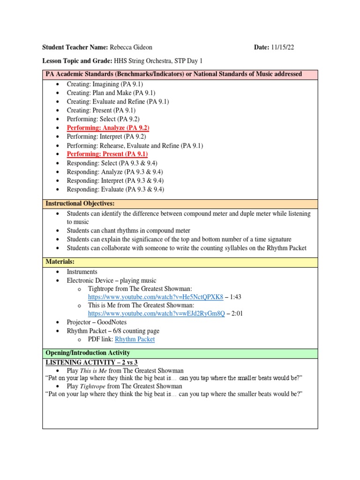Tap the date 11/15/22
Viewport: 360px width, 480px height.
[x=283, y=47]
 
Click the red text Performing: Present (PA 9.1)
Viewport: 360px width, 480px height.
[x=107, y=154]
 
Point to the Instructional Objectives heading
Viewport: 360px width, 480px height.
[x=80, y=203]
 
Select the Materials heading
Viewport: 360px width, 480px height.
[x=60, y=262]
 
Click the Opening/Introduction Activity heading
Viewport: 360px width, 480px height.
[x=88, y=353]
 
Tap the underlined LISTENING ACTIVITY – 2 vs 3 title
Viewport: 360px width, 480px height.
[x=91, y=362]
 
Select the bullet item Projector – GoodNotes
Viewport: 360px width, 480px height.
[x=97, y=322]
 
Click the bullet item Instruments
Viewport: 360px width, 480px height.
[x=82, y=272]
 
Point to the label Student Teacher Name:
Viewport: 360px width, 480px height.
[x=75, y=47]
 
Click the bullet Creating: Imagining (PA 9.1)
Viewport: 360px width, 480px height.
[x=105, y=84]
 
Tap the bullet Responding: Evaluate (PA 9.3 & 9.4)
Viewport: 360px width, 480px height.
[x=115, y=189]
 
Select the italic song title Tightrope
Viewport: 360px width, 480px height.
[x=92, y=387]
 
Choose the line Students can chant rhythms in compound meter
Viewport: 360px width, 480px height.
[x=128, y=231]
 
